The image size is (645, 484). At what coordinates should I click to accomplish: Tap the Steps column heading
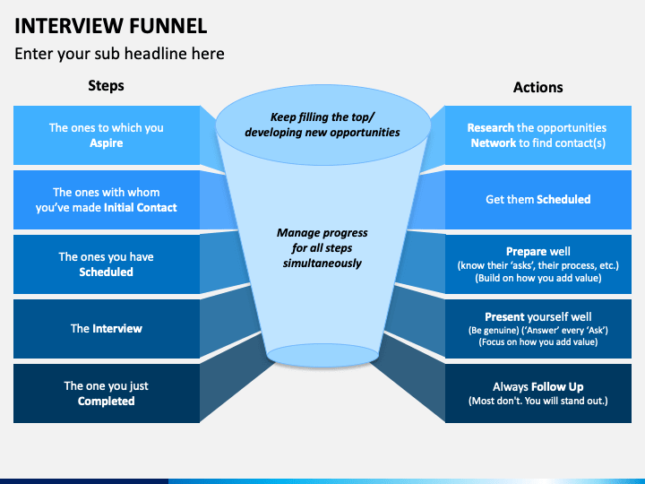[x=106, y=86]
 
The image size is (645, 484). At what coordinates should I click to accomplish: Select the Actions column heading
[x=538, y=87]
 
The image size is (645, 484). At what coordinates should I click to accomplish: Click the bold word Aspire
[x=107, y=143]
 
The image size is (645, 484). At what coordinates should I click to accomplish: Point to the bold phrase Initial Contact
[x=141, y=207]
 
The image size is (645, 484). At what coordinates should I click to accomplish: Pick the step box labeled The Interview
[x=107, y=328]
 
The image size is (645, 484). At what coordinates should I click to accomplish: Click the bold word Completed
[x=106, y=401]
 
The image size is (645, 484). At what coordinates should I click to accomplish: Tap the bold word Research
[x=490, y=127]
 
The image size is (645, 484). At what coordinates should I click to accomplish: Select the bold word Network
[x=494, y=143]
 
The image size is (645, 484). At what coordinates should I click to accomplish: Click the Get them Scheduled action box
[x=538, y=200]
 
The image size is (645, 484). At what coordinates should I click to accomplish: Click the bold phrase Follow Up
[x=557, y=387]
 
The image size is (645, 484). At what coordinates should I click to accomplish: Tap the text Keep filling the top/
[x=322, y=117]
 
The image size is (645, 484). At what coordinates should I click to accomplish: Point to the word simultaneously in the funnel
[x=322, y=264]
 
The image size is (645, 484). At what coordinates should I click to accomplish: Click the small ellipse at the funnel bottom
[x=322, y=355]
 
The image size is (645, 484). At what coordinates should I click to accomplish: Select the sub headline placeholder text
[x=119, y=54]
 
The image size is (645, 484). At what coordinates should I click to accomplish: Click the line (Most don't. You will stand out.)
[x=538, y=401]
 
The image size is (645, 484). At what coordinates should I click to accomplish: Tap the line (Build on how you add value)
[x=538, y=278]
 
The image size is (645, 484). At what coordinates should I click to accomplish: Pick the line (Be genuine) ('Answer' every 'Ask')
[x=538, y=330]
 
